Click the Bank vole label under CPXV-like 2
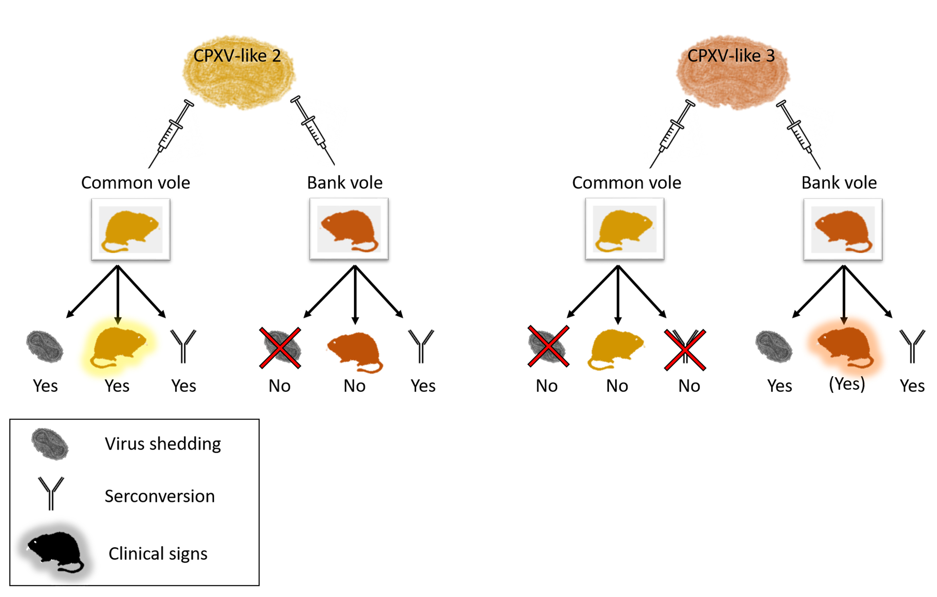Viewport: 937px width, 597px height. (x=345, y=182)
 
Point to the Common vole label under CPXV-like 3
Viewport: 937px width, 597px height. (x=626, y=182)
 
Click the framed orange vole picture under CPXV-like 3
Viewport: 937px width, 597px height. (x=843, y=230)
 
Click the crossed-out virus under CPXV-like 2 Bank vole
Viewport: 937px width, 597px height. (x=280, y=347)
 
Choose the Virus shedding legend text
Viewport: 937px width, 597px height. (x=163, y=444)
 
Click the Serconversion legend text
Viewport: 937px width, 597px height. (x=160, y=496)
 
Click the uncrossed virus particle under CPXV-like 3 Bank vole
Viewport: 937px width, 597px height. (x=774, y=347)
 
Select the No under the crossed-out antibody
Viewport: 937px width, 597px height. (x=689, y=386)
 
